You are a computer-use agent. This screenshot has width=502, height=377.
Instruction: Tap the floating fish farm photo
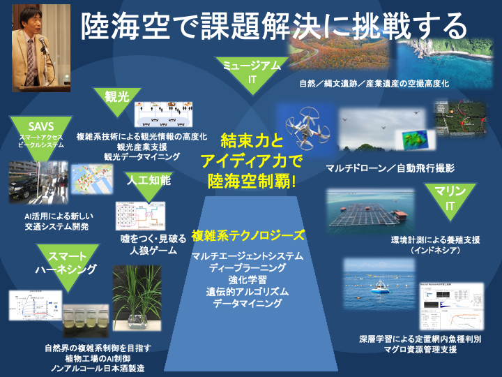click(376, 213)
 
